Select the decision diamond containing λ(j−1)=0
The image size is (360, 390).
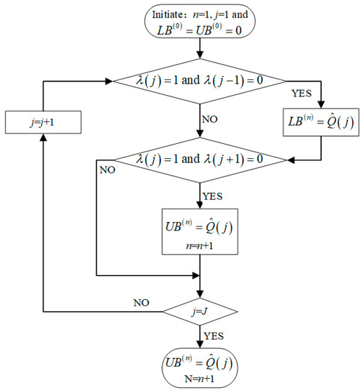(x=201, y=82)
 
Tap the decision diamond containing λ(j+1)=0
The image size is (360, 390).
(x=201, y=160)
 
